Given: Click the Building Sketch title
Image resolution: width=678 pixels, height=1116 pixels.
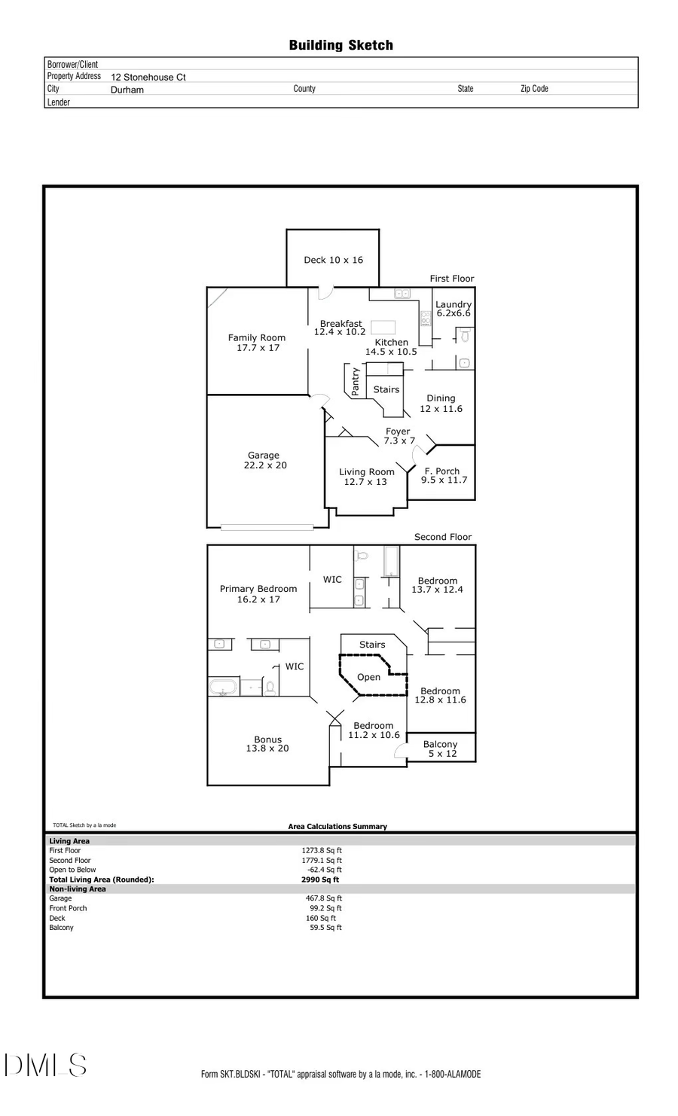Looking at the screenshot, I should point(341,45).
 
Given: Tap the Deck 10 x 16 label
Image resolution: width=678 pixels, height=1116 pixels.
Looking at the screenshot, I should point(333,260).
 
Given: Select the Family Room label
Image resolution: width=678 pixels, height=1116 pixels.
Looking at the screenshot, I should point(257,343).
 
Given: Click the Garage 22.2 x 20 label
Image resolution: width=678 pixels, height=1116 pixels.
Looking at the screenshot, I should point(264,460).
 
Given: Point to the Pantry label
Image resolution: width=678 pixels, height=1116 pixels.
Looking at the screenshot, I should point(356,382).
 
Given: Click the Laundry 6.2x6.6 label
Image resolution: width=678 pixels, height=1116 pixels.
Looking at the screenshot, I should point(453,309).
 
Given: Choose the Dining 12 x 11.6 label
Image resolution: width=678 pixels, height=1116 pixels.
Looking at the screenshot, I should point(441,404).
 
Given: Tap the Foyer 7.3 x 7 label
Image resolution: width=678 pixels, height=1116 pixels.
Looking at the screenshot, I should point(399,436).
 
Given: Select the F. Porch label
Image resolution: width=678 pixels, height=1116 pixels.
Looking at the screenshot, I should point(443,475).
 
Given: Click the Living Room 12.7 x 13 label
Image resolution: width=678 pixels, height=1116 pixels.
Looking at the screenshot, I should point(366,477).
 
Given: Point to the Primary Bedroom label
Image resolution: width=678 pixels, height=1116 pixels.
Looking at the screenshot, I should point(258,594).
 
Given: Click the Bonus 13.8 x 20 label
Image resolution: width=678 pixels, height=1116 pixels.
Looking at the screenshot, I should point(267,744).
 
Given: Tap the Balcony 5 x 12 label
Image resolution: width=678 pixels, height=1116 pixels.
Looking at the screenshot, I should point(441,749).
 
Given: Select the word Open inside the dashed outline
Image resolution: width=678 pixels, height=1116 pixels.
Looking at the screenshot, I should point(368,677).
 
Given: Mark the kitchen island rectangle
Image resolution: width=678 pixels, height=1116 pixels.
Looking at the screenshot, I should point(383,327).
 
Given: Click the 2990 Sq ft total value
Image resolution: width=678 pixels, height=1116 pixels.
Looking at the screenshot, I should point(320,880).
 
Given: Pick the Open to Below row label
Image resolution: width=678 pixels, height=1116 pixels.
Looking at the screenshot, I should point(72,870).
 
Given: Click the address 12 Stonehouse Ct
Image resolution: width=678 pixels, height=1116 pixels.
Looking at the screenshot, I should point(148,77).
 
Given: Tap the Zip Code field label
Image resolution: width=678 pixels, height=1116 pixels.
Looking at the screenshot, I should point(534,89).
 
